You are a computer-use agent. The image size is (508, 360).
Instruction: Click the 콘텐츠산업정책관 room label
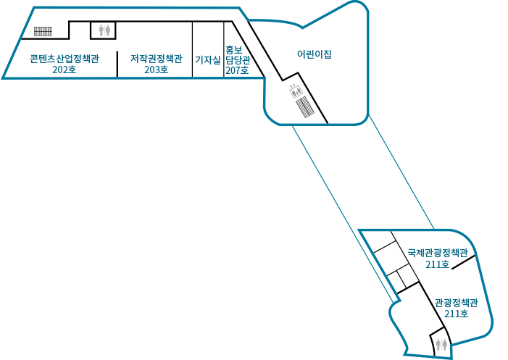point(64,59)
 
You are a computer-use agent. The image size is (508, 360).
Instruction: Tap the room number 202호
point(64,70)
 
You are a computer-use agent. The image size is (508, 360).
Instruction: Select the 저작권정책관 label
point(157,59)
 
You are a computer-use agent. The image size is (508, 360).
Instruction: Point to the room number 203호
point(156,70)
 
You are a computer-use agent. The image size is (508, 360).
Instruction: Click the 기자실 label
point(208,59)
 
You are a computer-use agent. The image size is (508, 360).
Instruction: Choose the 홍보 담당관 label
point(238,55)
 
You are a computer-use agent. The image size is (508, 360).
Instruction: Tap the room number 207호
point(237,70)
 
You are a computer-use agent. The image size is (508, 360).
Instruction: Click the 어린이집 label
point(315,54)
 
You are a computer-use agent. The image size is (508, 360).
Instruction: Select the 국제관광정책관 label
point(438,253)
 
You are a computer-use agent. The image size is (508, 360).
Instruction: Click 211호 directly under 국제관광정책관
point(438,264)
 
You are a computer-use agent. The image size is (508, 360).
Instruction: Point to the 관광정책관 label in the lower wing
point(456,303)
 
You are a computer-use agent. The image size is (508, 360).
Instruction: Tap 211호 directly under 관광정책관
point(456,314)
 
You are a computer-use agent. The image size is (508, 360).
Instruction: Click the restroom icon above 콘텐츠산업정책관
point(104,30)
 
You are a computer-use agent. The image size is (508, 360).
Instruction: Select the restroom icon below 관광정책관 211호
point(441,345)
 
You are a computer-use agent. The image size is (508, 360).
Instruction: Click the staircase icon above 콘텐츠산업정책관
point(43,31)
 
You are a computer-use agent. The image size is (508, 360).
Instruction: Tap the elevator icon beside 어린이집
point(296,91)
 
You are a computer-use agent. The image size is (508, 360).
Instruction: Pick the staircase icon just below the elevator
point(305,107)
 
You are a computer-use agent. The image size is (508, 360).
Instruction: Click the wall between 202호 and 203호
point(117,64)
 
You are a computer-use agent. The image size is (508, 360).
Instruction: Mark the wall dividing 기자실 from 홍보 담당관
point(224,49)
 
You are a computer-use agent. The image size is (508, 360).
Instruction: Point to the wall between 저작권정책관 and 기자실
point(193,49)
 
